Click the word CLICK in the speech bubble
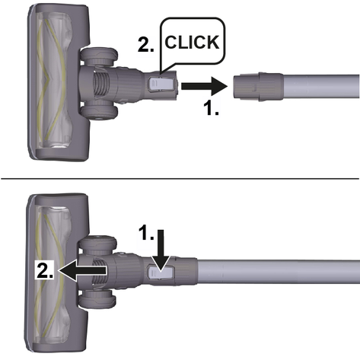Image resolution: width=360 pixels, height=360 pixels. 192,42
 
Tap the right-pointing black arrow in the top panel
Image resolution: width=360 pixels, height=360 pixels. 204,87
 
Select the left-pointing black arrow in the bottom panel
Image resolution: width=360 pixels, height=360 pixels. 82,270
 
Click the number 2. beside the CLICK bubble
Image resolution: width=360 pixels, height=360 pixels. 146,45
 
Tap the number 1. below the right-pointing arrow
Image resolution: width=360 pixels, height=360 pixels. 212,108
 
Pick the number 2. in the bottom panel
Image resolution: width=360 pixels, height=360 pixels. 45,270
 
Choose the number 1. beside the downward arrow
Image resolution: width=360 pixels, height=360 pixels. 146,233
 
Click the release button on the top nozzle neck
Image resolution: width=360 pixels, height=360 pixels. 161,84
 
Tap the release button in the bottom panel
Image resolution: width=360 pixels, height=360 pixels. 161,273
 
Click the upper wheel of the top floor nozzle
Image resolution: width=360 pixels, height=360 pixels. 99,56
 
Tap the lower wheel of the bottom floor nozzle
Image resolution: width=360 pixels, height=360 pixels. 98,298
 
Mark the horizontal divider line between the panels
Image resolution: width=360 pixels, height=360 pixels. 180,179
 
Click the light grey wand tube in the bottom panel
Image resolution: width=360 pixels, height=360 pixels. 279,272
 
